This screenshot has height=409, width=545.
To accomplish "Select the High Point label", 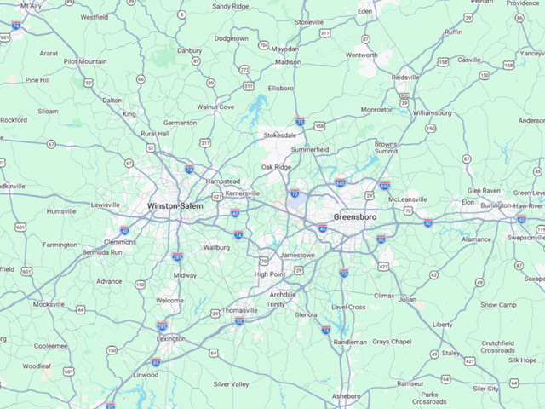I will click(x=270, y=274).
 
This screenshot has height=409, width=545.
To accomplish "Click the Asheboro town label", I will click(x=346, y=397).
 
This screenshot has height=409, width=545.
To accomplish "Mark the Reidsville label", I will click(x=405, y=77).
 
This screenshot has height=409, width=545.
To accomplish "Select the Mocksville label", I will click(x=49, y=304).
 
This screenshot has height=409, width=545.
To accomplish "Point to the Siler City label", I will click(x=486, y=389).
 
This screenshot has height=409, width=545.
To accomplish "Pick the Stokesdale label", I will click(x=280, y=135).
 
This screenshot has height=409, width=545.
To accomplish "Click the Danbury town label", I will click(x=189, y=50).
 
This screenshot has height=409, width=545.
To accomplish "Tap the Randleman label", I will click(x=350, y=342).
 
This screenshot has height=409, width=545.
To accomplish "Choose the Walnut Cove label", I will click(x=215, y=107).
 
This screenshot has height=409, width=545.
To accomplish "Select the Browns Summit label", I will click(x=386, y=148).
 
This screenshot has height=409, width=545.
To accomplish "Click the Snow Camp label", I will click(x=498, y=304).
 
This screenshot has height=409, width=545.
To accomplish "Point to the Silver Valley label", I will click(x=231, y=384).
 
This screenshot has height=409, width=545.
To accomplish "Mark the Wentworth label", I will click(x=361, y=55).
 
